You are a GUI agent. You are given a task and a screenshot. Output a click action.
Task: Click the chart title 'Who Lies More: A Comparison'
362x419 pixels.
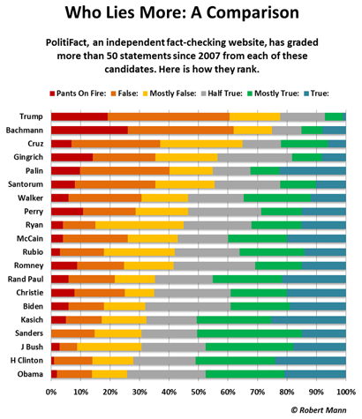180,16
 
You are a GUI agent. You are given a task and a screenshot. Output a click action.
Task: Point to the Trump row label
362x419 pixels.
31,116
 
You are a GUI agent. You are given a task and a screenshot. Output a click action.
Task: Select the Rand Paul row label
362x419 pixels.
25,279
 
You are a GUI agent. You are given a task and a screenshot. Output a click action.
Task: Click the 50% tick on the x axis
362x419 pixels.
199,391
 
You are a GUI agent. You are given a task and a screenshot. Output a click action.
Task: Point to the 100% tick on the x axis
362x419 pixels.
345,391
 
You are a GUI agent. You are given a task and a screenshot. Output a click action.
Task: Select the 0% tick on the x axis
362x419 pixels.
51,391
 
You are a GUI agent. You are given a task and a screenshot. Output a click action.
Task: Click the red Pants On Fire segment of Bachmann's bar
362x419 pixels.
89,131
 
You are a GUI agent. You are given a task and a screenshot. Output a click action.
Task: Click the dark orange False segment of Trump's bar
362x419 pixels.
169,116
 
